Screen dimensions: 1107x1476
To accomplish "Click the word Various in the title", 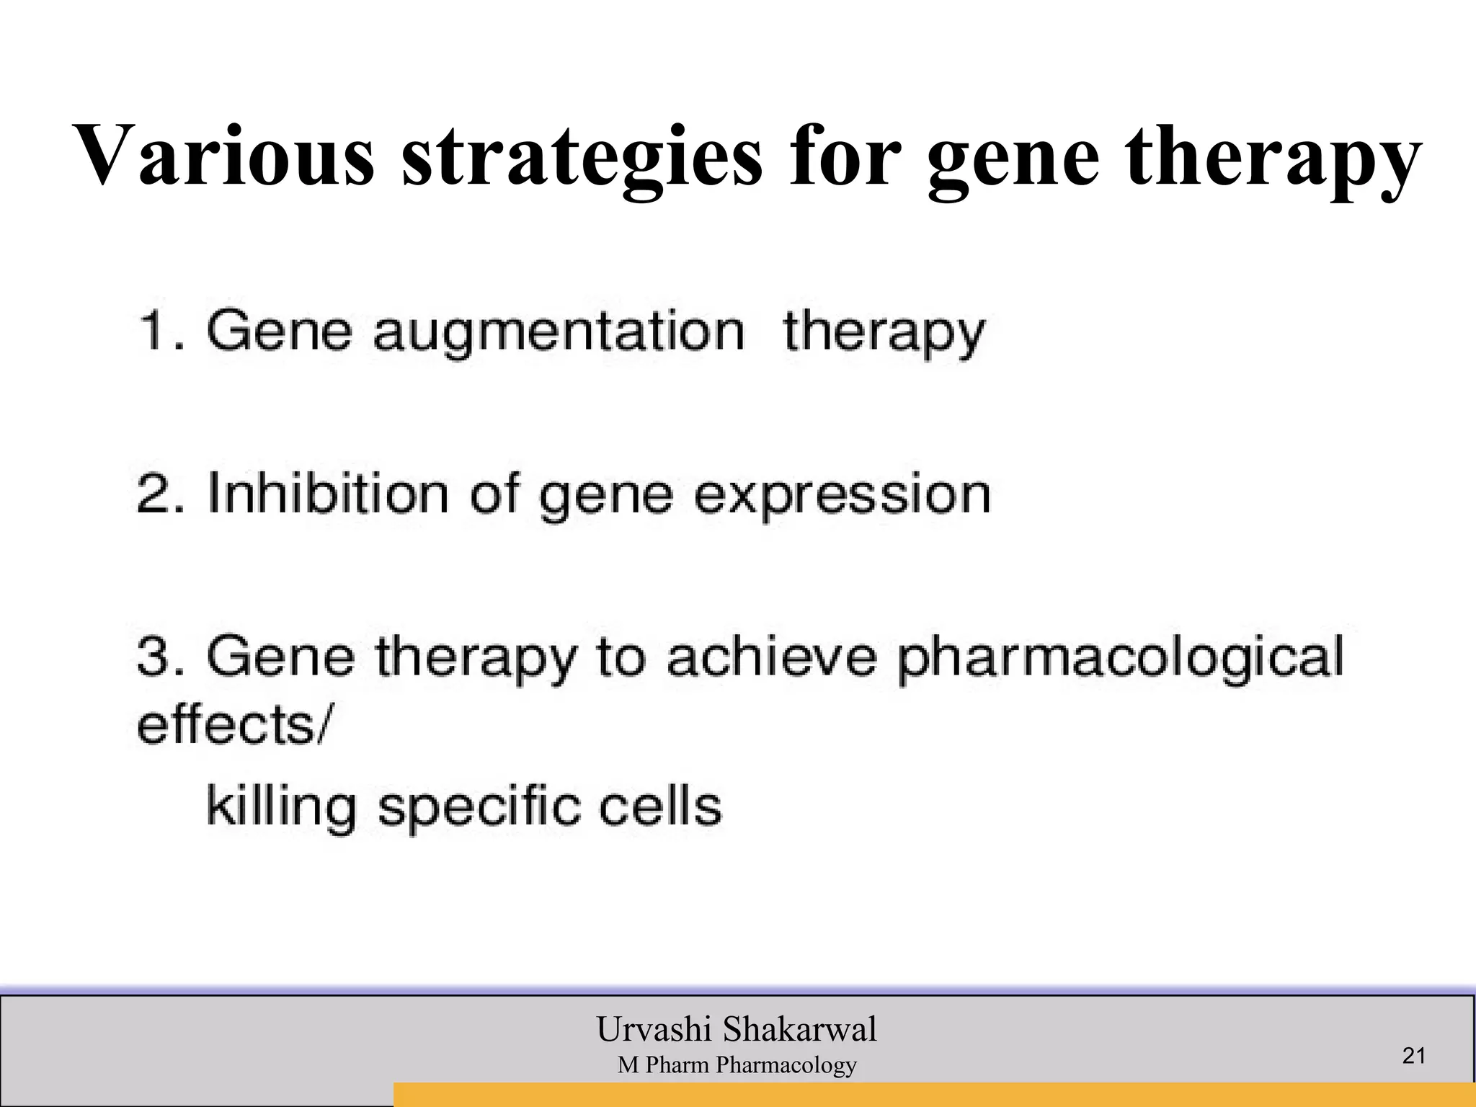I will (x=224, y=154).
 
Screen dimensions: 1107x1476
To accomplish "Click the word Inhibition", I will (x=327, y=494).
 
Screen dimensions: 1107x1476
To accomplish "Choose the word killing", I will (x=282, y=807).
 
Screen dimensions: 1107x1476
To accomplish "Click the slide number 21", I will (x=1414, y=1056).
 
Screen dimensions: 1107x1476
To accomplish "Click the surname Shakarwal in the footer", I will (x=800, y=1028).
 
